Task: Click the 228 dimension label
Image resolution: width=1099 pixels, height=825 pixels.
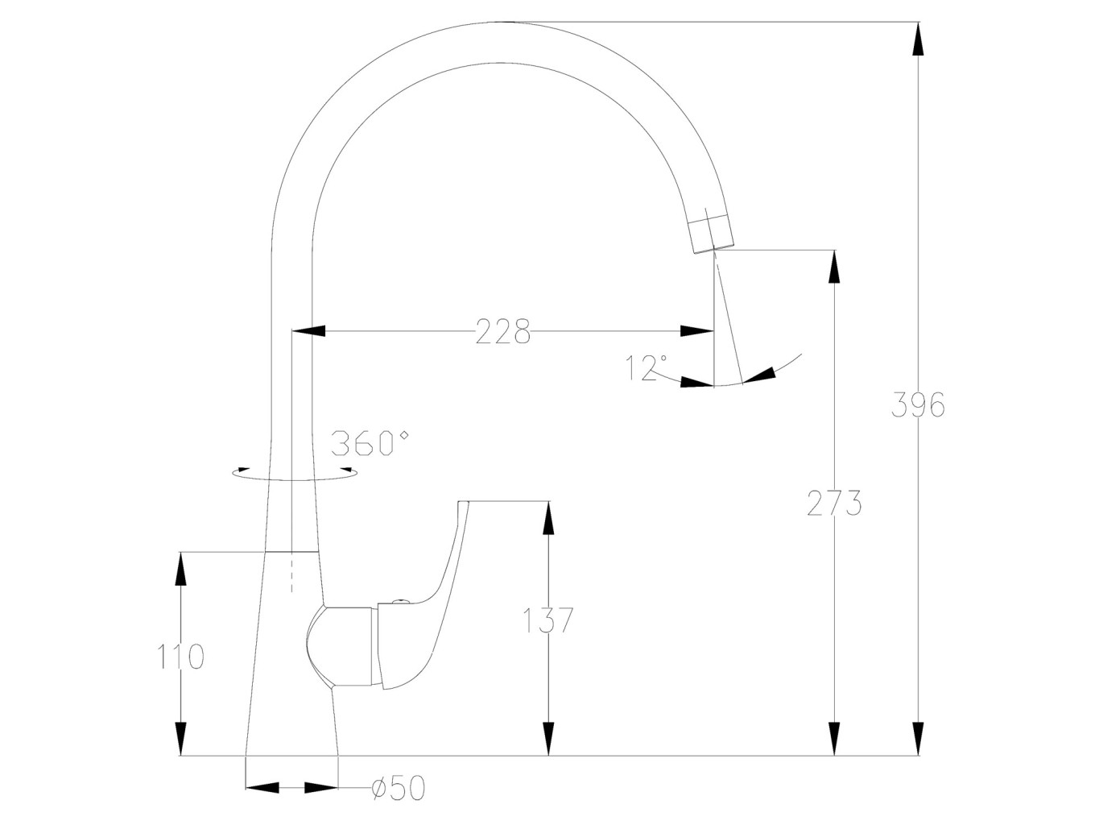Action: [502, 331]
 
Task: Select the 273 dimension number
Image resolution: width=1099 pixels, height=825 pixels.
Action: [834, 503]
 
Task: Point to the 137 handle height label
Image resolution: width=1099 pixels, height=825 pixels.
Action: [547, 620]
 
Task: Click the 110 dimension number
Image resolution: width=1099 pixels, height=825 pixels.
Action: [180, 657]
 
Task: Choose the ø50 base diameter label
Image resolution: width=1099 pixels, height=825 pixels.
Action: [399, 802]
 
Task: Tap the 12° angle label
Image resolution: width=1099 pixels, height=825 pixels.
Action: [646, 368]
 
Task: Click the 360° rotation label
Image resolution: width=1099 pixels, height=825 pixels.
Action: [370, 443]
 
